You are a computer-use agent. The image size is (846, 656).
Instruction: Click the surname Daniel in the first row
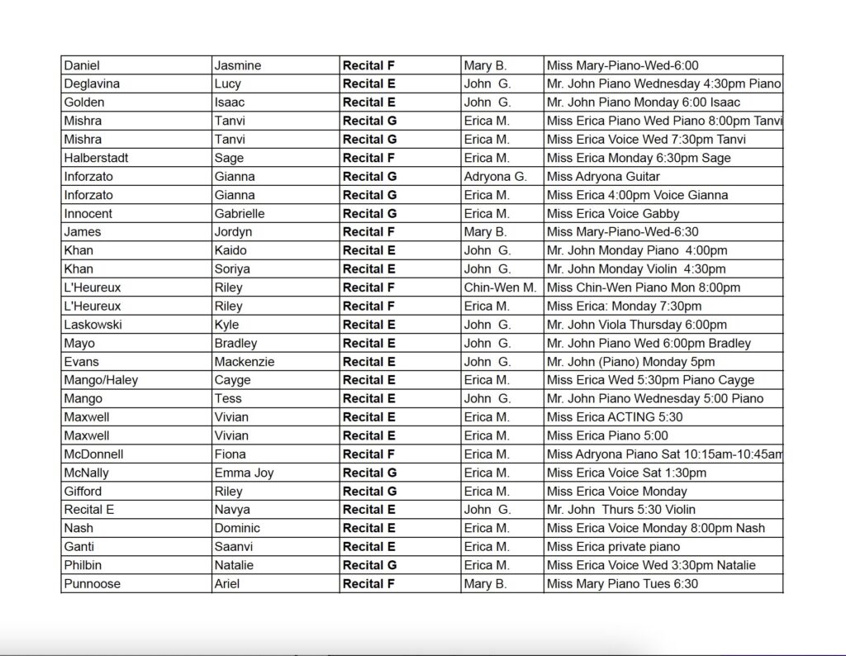click(82, 65)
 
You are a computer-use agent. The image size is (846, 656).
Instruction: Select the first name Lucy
click(228, 83)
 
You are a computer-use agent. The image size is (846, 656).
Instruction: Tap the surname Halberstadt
click(96, 158)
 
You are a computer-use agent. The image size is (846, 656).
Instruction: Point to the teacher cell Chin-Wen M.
click(500, 288)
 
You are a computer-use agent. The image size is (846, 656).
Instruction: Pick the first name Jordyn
click(233, 232)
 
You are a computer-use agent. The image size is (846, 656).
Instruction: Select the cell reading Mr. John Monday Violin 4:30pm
click(636, 269)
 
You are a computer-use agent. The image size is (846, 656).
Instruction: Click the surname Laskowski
click(93, 325)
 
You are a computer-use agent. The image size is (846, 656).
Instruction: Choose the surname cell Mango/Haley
click(101, 380)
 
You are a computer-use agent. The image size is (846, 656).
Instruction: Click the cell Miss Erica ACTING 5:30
click(615, 417)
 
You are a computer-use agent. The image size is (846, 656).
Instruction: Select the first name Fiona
click(230, 454)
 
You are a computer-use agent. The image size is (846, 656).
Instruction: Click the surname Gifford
click(83, 491)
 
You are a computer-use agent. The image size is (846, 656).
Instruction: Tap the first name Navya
click(232, 510)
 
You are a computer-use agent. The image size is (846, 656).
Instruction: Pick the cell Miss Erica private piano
click(613, 547)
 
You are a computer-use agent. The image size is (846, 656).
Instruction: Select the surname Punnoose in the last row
click(92, 584)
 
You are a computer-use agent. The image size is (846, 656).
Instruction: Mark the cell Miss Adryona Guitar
click(603, 176)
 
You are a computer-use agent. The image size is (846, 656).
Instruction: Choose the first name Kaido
click(231, 250)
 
